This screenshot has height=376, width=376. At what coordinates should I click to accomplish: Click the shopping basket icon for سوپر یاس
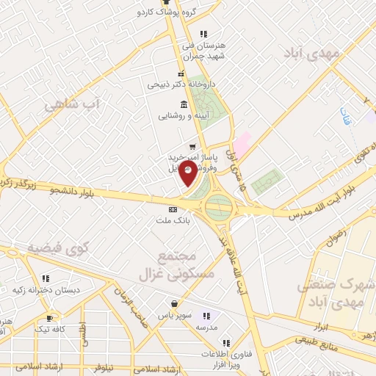point(174,304)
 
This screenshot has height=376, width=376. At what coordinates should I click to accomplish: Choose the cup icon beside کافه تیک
point(49,318)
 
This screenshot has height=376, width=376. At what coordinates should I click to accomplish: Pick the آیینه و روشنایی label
point(186,115)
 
